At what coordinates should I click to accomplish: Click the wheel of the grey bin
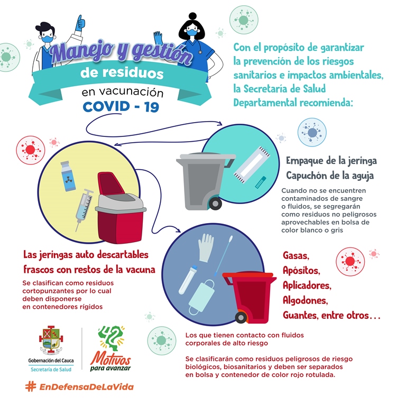pos(215,202)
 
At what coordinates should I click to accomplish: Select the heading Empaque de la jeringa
pos(331,161)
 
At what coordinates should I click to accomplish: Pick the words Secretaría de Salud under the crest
pos(51,370)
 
